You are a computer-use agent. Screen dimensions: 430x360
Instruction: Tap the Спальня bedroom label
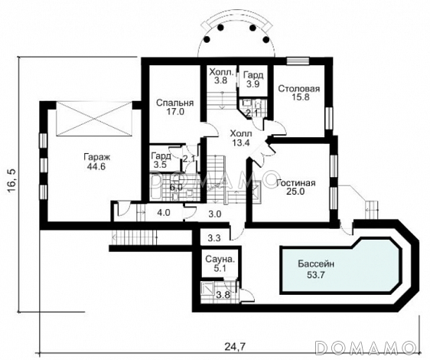pyautogui.click(x=174, y=103)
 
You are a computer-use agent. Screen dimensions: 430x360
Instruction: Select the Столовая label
pyautogui.click(x=299, y=89)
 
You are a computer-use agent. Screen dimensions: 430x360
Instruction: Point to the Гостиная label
pyautogui.click(x=296, y=183)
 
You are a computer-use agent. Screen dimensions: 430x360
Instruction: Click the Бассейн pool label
pyautogui.click(x=316, y=264)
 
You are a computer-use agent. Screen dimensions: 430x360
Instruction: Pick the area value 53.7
pyautogui.click(x=316, y=275)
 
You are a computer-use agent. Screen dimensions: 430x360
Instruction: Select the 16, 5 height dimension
pyautogui.click(x=12, y=182)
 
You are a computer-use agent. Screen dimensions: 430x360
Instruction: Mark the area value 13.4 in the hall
pyautogui.click(x=240, y=142)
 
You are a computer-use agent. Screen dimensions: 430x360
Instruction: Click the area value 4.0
pyautogui.click(x=164, y=213)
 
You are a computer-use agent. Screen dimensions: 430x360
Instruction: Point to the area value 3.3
pyautogui.click(x=214, y=237)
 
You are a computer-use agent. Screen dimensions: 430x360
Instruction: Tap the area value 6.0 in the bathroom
pyautogui.click(x=176, y=188)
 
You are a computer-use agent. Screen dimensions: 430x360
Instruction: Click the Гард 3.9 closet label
pyautogui.click(x=252, y=80)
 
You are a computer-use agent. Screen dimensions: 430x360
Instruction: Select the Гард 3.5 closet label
pyautogui.click(x=161, y=160)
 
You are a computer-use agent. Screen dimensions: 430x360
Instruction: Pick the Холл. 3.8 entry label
pyautogui.click(x=222, y=76)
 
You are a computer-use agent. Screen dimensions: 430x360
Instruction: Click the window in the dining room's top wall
pyautogui.click(x=298, y=61)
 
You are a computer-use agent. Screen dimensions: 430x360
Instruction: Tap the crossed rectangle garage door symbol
pyautogui.click(x=94, y=119)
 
